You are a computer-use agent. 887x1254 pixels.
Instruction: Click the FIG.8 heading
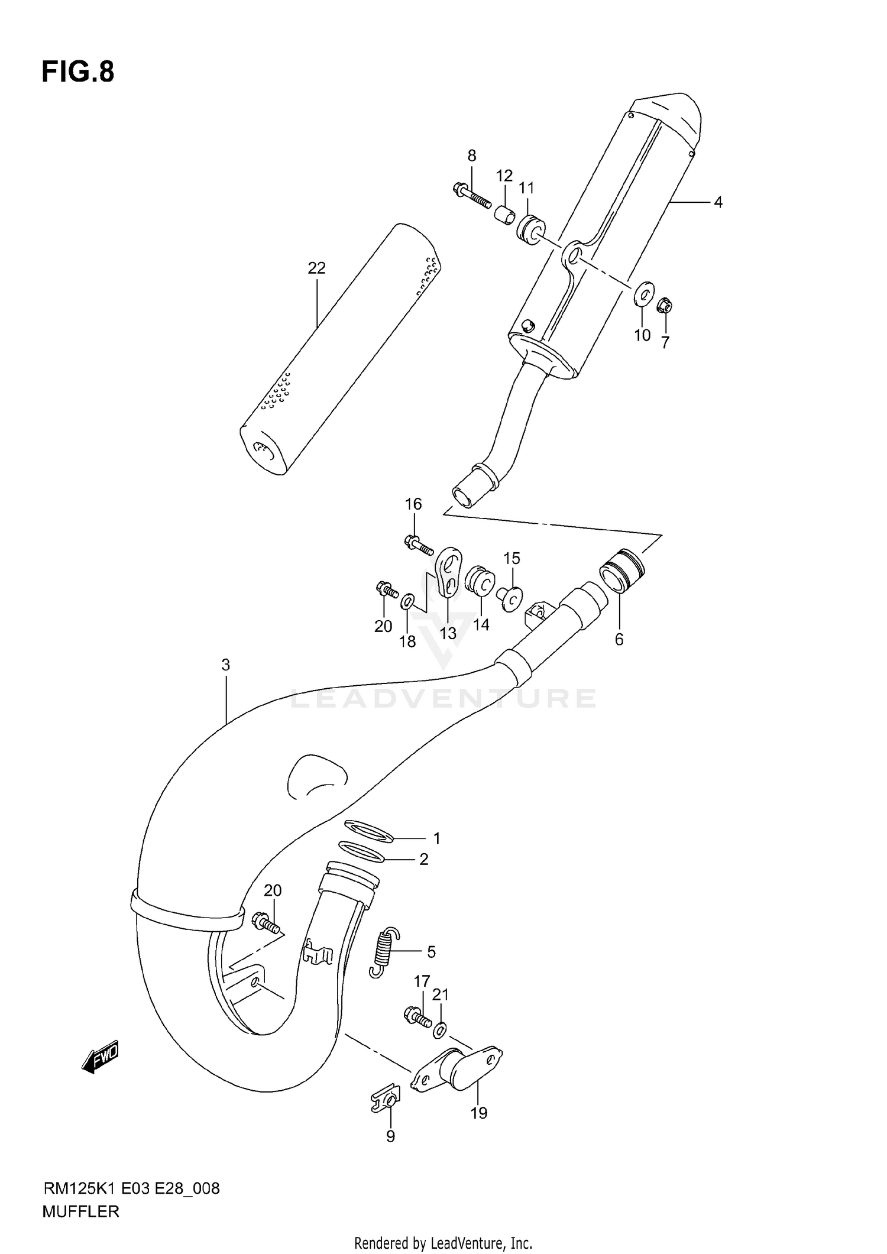(x=77, y=72)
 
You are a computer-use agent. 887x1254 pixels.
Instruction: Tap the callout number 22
(x=316, y=268)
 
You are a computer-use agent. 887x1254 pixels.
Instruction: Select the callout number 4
(x=718, y=203)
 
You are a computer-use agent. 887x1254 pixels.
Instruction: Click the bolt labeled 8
(x=472, y=197)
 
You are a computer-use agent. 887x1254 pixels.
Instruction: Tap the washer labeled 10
(x=644, y=293)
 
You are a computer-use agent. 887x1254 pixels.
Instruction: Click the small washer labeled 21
(x=439, y=1031)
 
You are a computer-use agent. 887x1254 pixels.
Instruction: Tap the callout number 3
(x=225, y=665)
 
